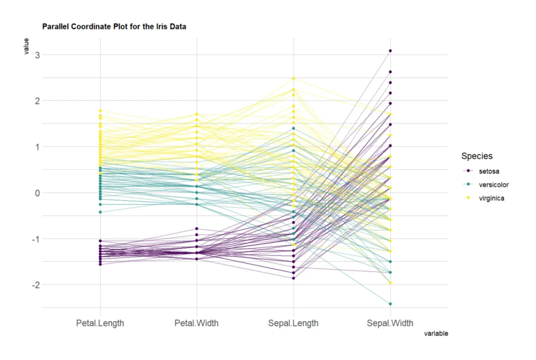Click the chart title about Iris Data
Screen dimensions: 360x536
click(x=114, y=26)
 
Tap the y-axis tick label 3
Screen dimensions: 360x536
click(x=37, y=55)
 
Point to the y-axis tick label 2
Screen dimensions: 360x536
click(x=37, y=101)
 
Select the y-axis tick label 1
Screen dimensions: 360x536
click(x=37, y=147)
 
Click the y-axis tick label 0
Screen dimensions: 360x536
click(x=37, y=193)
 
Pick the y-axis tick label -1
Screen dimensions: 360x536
click(x=36, y=239)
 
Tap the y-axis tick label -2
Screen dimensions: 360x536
click(x=36, y=285)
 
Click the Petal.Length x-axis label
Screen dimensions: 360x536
click(x=100, y=323)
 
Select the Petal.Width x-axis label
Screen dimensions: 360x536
click(x=196, y=323)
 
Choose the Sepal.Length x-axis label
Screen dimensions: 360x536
click(x=293, y=323)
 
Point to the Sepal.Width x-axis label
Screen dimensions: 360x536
click(x=390, y=323)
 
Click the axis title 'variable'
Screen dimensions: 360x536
click(x=436, y=334)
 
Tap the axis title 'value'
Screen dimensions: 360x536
click(x=26, y=46)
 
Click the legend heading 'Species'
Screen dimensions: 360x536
click(x=477, y=156)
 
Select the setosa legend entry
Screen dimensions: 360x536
click(x=489, y=171)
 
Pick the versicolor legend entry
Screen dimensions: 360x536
click(x=493, y=185)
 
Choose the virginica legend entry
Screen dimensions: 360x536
click(x=491, y=198)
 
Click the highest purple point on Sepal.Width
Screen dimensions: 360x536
click(x=390, y=51)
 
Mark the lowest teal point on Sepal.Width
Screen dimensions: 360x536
click(x=390, y=304)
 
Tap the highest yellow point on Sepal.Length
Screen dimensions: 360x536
click(x=293, y=78)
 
